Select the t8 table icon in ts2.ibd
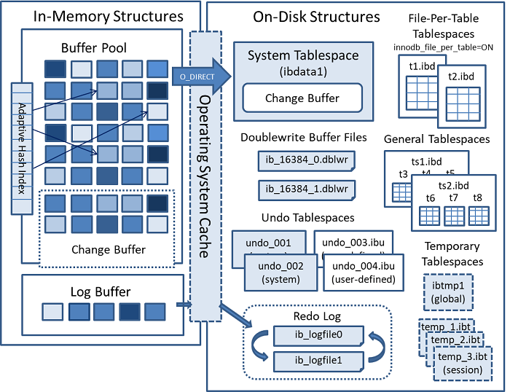coord(479,215)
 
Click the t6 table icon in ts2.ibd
coord(431,215)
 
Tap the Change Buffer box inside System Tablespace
coord(302,98)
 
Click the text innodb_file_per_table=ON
coord(444,47)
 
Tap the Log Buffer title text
coord(100,291)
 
